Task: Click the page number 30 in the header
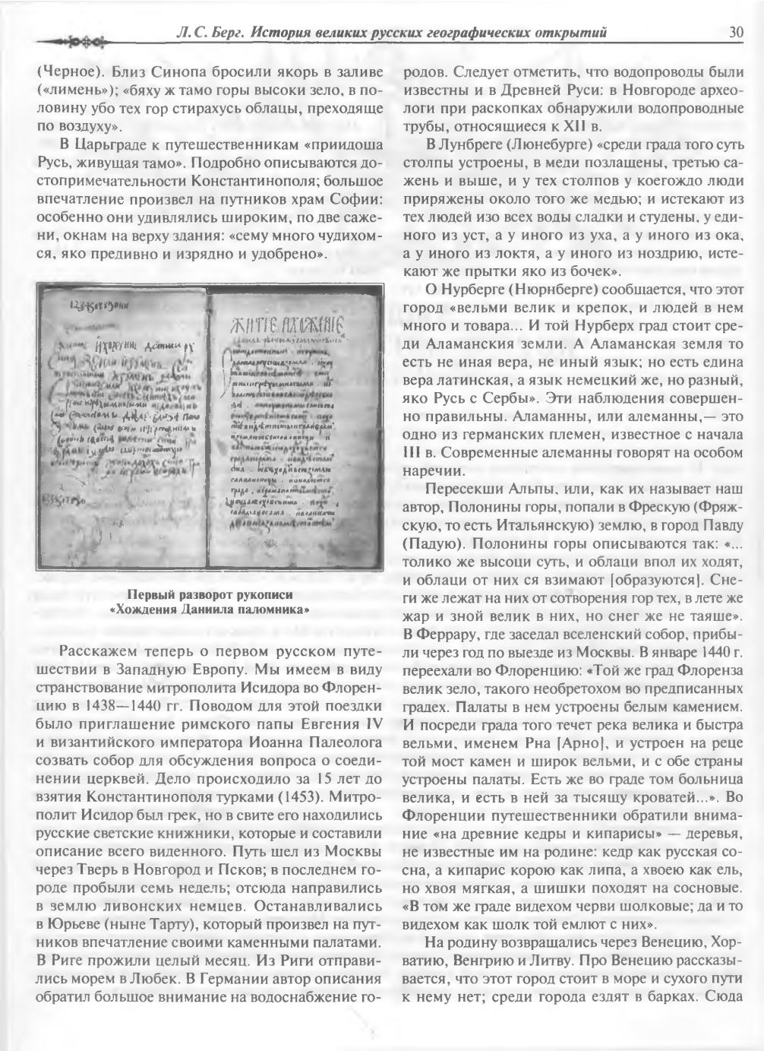click(735, 32)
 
